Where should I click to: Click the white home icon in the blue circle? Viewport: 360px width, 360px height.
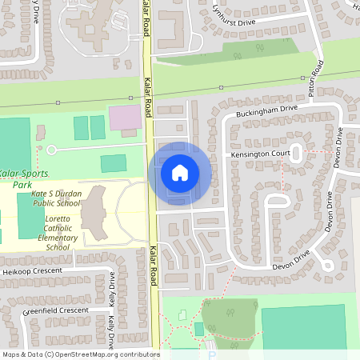180,172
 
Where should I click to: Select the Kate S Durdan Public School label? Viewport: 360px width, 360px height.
56,198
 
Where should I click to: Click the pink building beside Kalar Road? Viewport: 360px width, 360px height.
123,119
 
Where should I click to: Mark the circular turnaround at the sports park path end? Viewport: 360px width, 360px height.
52,150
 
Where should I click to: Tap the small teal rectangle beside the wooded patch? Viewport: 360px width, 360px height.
198,329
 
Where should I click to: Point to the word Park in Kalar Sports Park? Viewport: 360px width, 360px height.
22,184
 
